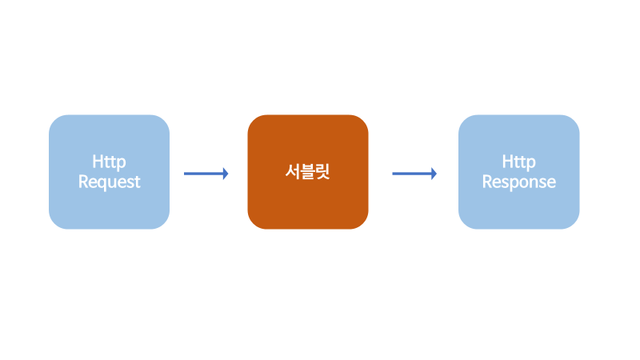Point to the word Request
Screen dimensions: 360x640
coord(109,182)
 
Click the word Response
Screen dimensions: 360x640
coord(518,182)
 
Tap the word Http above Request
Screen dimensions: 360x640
coord(109,163)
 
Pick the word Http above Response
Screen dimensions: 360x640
coord(518,163)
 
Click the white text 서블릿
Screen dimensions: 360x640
coord(307,171)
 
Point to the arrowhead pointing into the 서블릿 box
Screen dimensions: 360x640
coord(226,173)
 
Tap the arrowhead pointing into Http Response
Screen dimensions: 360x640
coord(434,173)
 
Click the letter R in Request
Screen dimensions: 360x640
coord(82,182)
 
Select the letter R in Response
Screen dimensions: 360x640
coord(486,182)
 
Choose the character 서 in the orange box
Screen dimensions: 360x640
coord(293,171)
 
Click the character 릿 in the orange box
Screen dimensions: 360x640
coord(322,171)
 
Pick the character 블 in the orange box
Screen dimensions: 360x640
coord(308,171)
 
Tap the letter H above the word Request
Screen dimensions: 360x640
coord(97,162)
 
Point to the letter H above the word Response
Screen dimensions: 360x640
coord(507,162)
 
